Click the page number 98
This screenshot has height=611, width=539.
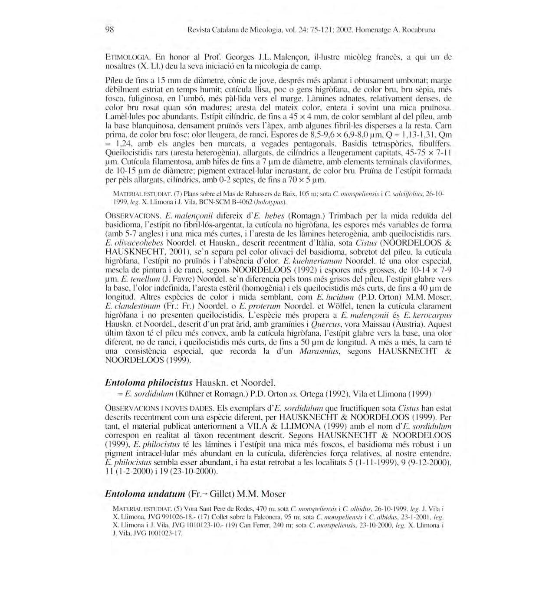pyautogui.click(x=109, y=30)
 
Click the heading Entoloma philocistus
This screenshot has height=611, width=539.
pyautogui.click(x=148, y=383)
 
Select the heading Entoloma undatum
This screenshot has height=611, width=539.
pyautogui.click(x=145, y=494)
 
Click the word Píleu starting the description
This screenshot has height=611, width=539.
pyautogui.click(x=114, y=81)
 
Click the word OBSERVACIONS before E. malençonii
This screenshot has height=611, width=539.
pyautogui.click(x=133, y=216)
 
